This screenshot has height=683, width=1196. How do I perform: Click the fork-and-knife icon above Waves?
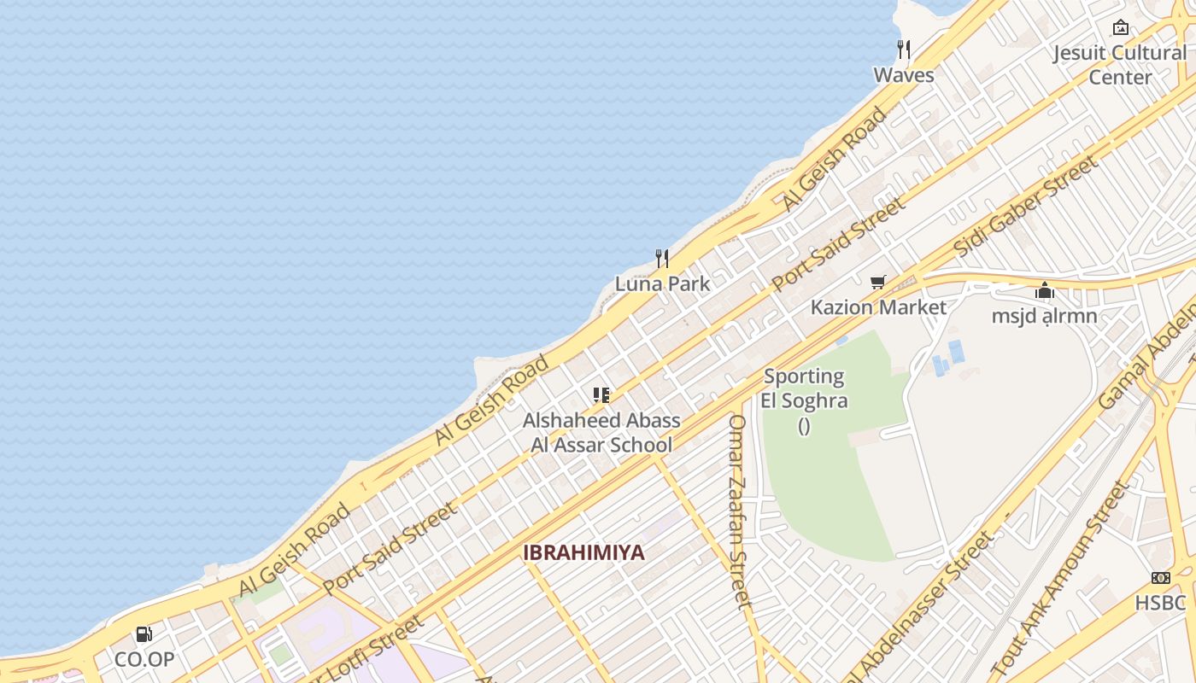pos(904,49)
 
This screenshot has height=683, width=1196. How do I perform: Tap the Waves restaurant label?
pos(904,75)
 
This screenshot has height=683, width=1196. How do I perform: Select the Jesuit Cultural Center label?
pos(1120,65)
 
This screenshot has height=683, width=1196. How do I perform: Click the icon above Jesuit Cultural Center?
pos(1121,27)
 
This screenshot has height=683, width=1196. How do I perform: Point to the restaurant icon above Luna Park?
pos(662,258)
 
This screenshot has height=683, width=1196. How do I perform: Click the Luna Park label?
pos(662,283)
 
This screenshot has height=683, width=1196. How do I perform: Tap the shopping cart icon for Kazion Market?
pos(877,282)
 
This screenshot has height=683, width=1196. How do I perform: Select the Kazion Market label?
pos(878,307)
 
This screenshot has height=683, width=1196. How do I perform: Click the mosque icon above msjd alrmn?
pos(1044,291)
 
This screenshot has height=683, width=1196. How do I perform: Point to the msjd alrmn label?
pos(1044,317)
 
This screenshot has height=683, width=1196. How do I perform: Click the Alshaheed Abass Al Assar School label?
pos(601,432)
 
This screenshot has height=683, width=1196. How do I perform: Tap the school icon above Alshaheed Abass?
pos(601,395)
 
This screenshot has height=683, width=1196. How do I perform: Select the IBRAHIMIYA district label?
pos(583,552)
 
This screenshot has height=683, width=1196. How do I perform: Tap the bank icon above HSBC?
pos(1160,578)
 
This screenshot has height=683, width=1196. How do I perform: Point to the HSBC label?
pos(1160,603)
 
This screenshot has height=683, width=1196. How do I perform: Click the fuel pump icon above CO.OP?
pos(144,634)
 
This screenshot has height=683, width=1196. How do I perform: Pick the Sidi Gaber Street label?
pos(1025,206)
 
